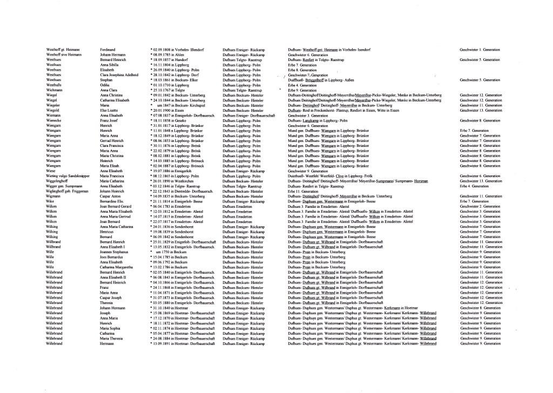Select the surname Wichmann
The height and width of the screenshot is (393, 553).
55,90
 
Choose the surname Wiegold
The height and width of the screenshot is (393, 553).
54,110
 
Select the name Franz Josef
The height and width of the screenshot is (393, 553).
109,120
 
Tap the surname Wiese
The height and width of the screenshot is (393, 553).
52,171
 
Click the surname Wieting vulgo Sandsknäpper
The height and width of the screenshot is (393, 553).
69,175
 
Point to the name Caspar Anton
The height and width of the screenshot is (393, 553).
110,196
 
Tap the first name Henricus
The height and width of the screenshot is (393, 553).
107,231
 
